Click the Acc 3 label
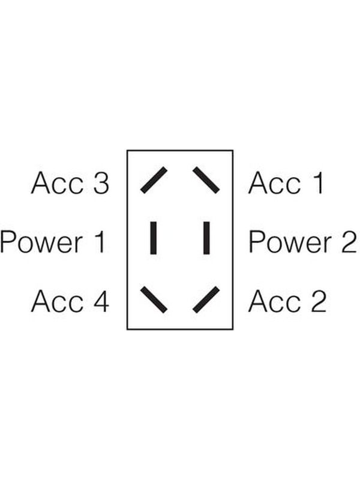point(70,183)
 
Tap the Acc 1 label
point(286,183)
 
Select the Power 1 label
point(53,242)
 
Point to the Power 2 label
point(302,242)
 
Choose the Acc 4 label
point(70,301)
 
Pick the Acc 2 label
point(287,301)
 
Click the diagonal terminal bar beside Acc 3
point(154,180)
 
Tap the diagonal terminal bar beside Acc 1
point(206,180)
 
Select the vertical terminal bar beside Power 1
point(154,238)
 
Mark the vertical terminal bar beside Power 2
point(206,238)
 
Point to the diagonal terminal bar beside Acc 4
point(154,299)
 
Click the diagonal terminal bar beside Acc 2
point(206,299)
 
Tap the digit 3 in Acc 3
point(101,183)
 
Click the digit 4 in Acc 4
point(101,301)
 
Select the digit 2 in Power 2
point(349,242)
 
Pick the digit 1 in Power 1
point(101,242)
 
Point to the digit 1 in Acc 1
point(319,183)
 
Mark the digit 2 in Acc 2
point(319,301)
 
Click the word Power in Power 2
point(290,242)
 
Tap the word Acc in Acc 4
point(57,301)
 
